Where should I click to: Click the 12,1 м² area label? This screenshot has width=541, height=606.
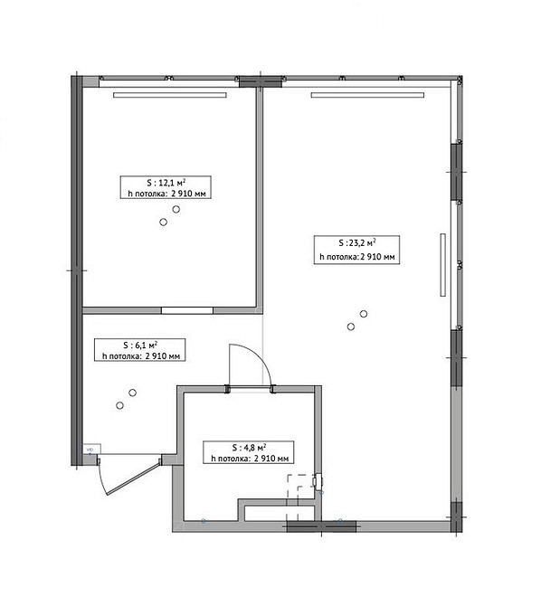coord(166,183)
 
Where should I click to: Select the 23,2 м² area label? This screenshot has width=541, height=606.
coord(357,242)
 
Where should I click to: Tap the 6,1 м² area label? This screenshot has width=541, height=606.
coord(140,346)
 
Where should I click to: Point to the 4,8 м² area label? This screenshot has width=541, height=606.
coord(249,448)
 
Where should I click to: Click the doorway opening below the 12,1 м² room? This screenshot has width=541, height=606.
coord(187,310)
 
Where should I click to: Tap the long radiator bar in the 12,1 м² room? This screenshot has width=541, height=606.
coord(170,95)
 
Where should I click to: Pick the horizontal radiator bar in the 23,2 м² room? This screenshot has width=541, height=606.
coord(367,95)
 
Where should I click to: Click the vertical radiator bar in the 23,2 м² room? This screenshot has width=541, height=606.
coord(442,265)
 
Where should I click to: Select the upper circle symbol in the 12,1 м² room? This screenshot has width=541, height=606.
coord(176,210)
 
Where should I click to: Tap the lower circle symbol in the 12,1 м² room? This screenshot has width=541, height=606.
coord(163,222)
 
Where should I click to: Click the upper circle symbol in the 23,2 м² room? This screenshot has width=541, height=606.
coord(364,314)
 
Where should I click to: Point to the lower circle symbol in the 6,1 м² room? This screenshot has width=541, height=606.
coord(120,405)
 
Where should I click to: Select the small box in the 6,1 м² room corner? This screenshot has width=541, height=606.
coord(92,450)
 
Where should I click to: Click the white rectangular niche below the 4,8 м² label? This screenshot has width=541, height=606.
coord(280,513)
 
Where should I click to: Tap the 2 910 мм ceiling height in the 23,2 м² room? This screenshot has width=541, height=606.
coord(377,257)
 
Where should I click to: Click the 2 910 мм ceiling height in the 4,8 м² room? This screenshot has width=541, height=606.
coord(271,459)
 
